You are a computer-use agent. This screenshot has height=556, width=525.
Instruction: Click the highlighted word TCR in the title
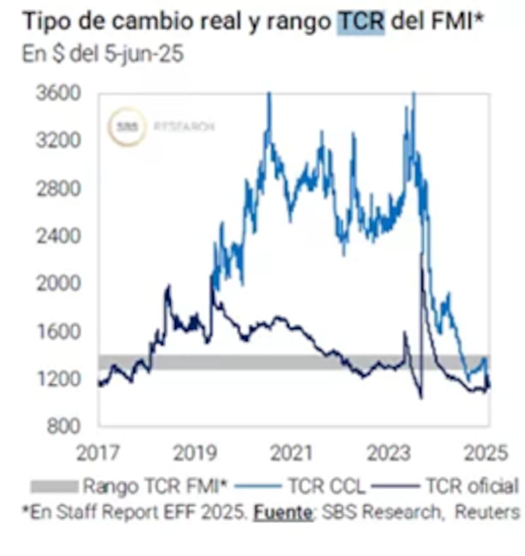(x=361, y=22)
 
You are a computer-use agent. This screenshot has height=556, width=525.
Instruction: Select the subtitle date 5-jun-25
(x=142, y=54)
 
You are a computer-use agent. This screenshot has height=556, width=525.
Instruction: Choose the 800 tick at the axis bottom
(x=64, y=426)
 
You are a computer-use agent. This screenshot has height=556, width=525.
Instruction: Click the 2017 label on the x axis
(x=98, y=452)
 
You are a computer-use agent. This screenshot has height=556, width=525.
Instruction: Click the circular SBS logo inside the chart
(x=128, y=126)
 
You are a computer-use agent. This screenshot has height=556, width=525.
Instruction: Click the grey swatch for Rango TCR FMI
(x=54, y=486)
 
